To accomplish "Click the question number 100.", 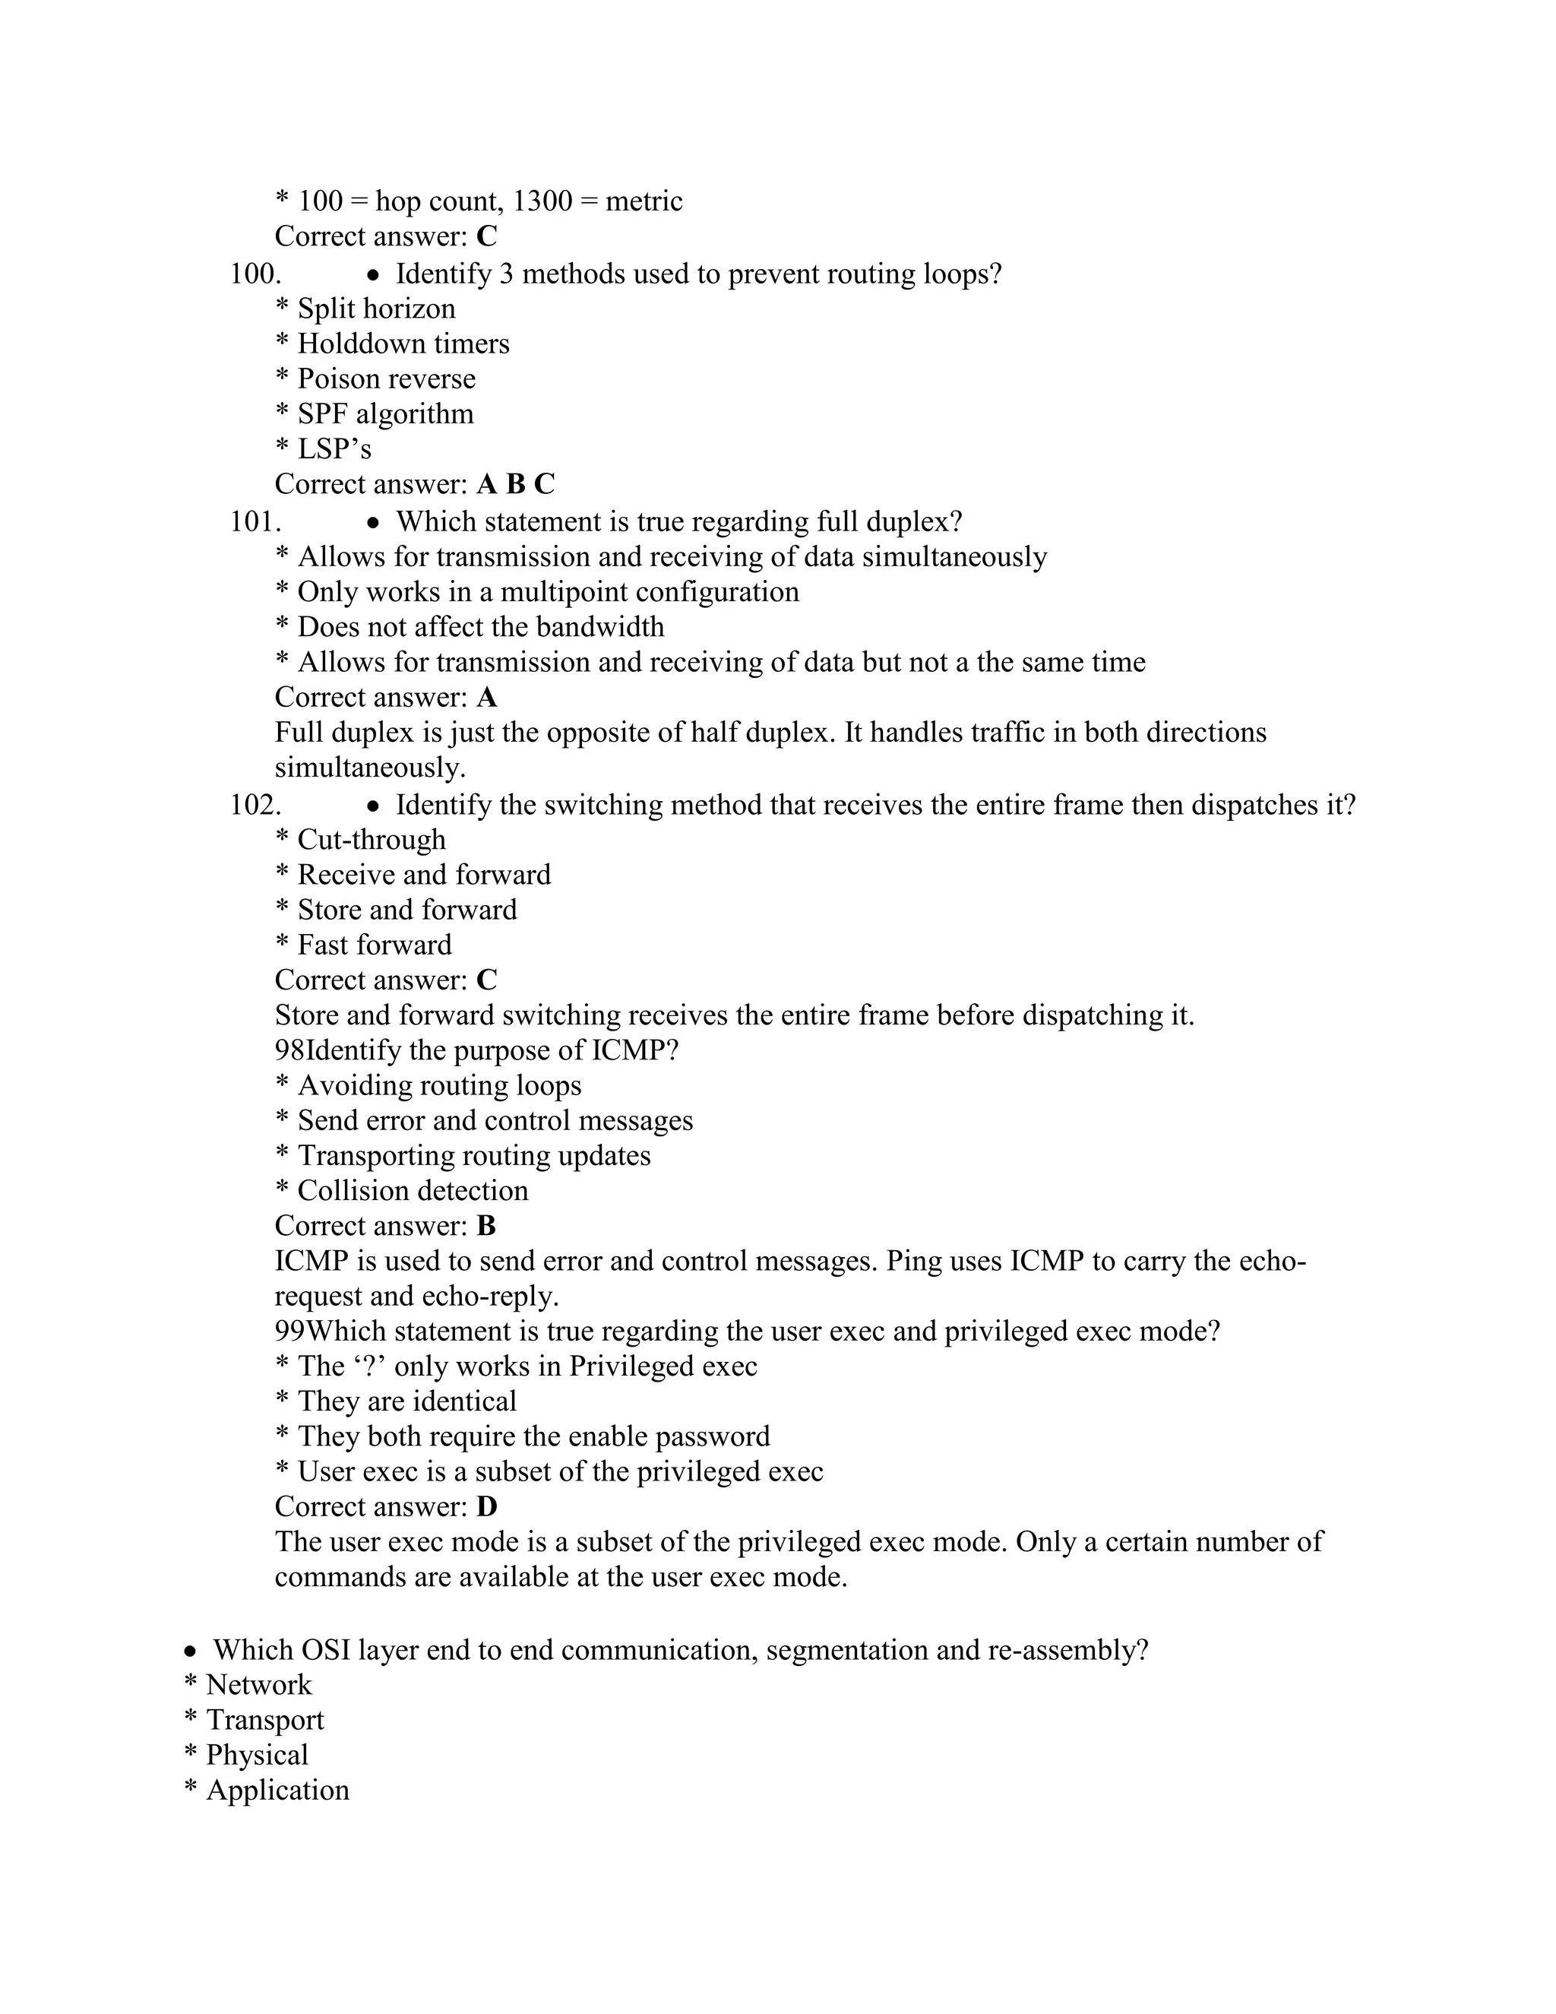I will [x=255, y=274].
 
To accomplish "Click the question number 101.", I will [x=255, y=522].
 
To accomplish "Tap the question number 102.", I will [x=255, y=805].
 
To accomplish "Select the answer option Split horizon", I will [x=375, y=309].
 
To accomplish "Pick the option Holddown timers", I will [x=403, y=344].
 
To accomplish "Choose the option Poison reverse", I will [x=385, y=379].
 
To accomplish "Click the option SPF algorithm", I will [x=384, y=414].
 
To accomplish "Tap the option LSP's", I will [x=334, y=449].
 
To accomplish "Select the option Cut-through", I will [x=371, y=840].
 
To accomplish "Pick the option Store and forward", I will [x=406, y=910].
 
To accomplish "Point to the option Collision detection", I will [x=412, y=1190].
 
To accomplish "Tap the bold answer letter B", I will [x=485, y=1226].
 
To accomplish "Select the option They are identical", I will [x=406, y=1401].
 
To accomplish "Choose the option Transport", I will [x=264, y=1720].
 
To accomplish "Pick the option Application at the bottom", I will [x=277, y=1790].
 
